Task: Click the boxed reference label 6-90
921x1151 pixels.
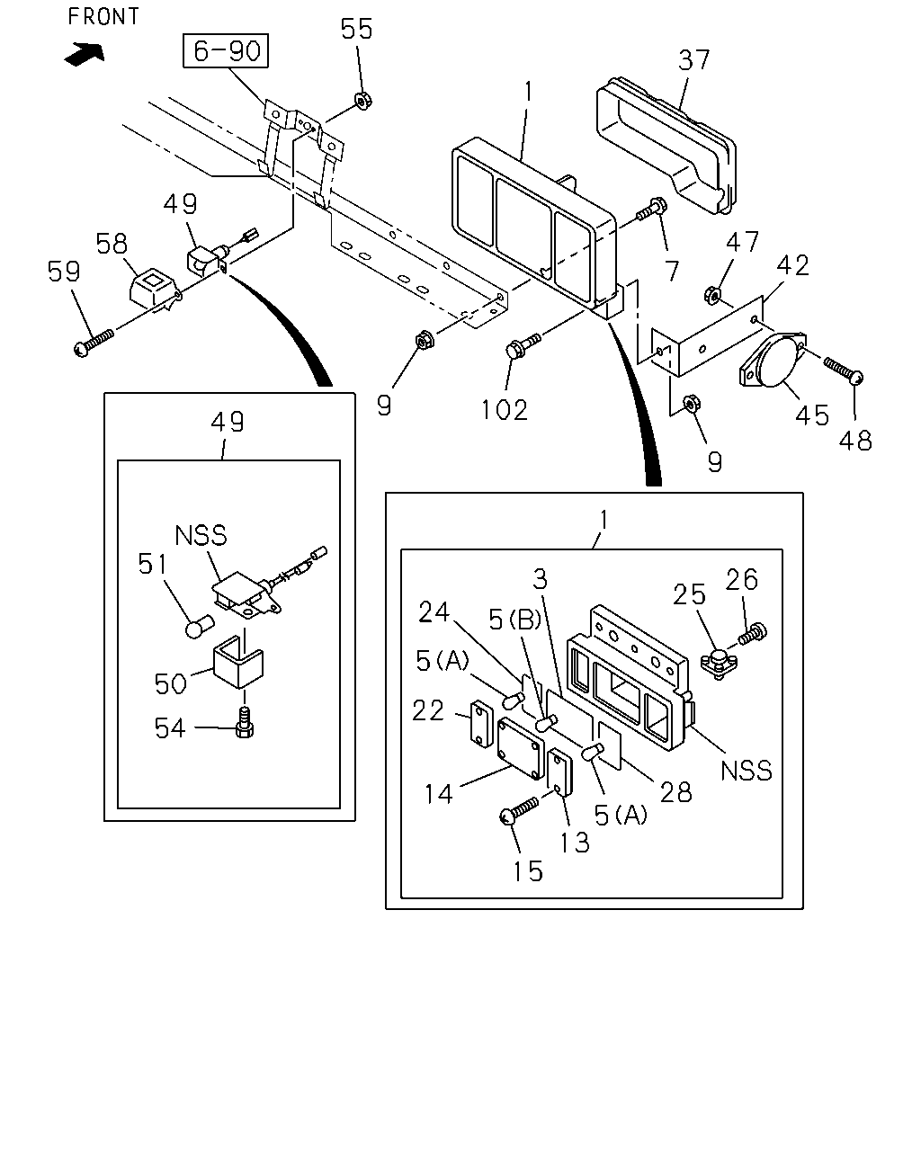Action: (225, 51)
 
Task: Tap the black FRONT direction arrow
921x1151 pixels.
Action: (84, 54)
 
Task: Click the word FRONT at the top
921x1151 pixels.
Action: (103, 16)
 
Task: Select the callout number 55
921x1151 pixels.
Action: (356, 29)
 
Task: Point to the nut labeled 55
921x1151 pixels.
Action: (363, 101)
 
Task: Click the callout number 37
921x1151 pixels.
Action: (694, 60)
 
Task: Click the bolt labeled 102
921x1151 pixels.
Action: (523, 345)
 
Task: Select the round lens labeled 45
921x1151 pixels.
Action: (773, 358)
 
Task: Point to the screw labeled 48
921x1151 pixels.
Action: (843, 370)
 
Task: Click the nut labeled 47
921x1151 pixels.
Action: (712, 295)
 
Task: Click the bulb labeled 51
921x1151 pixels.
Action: (200, 626)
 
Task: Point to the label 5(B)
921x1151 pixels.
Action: (514, 620)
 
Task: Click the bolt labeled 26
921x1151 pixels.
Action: (753, 633)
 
